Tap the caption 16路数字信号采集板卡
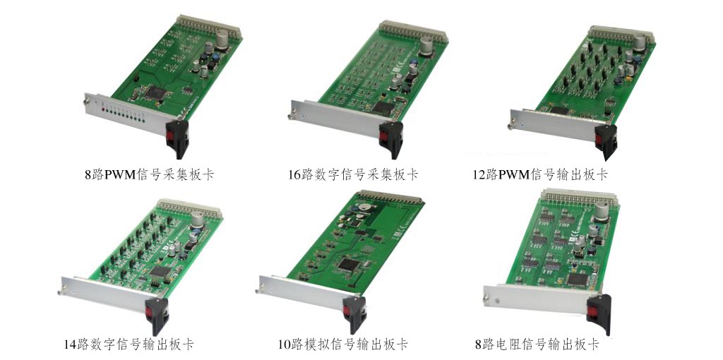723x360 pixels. coord(353,174)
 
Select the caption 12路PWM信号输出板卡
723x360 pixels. coord(540,174)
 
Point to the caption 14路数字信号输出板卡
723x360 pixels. coord(129,344)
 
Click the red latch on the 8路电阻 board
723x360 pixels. coord(592,311)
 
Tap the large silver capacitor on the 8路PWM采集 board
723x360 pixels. coord(222,39)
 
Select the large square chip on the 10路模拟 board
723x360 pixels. coord(349,265)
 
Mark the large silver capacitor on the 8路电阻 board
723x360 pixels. coord(602,212)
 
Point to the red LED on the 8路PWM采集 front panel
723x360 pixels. coord(103,109)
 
